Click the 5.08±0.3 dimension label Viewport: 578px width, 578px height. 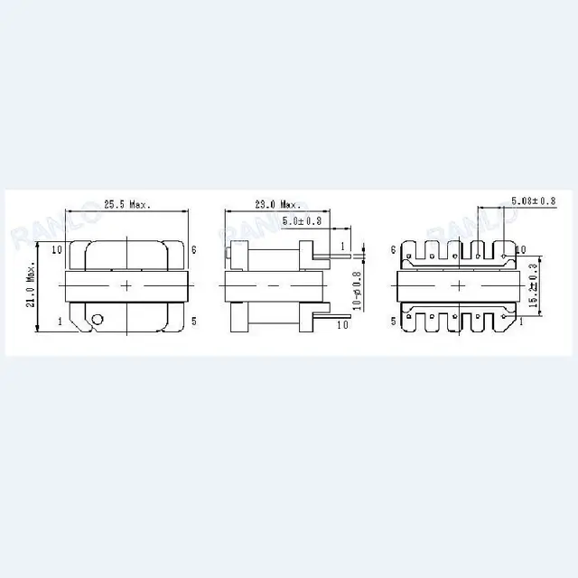point(534,200)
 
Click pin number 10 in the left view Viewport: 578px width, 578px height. point(56,249)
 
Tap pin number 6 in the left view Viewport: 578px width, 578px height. point(194,249)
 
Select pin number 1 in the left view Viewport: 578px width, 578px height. point(60,321)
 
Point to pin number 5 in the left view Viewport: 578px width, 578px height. point(194,320)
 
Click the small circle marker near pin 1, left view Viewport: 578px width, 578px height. point(97,318)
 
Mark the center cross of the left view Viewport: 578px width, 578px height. point(126,285)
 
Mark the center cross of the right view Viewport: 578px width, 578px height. point(459,285)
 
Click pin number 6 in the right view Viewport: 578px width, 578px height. point(394,249)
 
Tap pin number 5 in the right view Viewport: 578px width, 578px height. point(394,321)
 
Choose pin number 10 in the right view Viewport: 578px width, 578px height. point(521,249)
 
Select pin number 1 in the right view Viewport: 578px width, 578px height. point(521,321)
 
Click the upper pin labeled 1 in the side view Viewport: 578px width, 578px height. point(343,245)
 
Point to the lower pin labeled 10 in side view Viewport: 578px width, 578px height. point(342,322)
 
